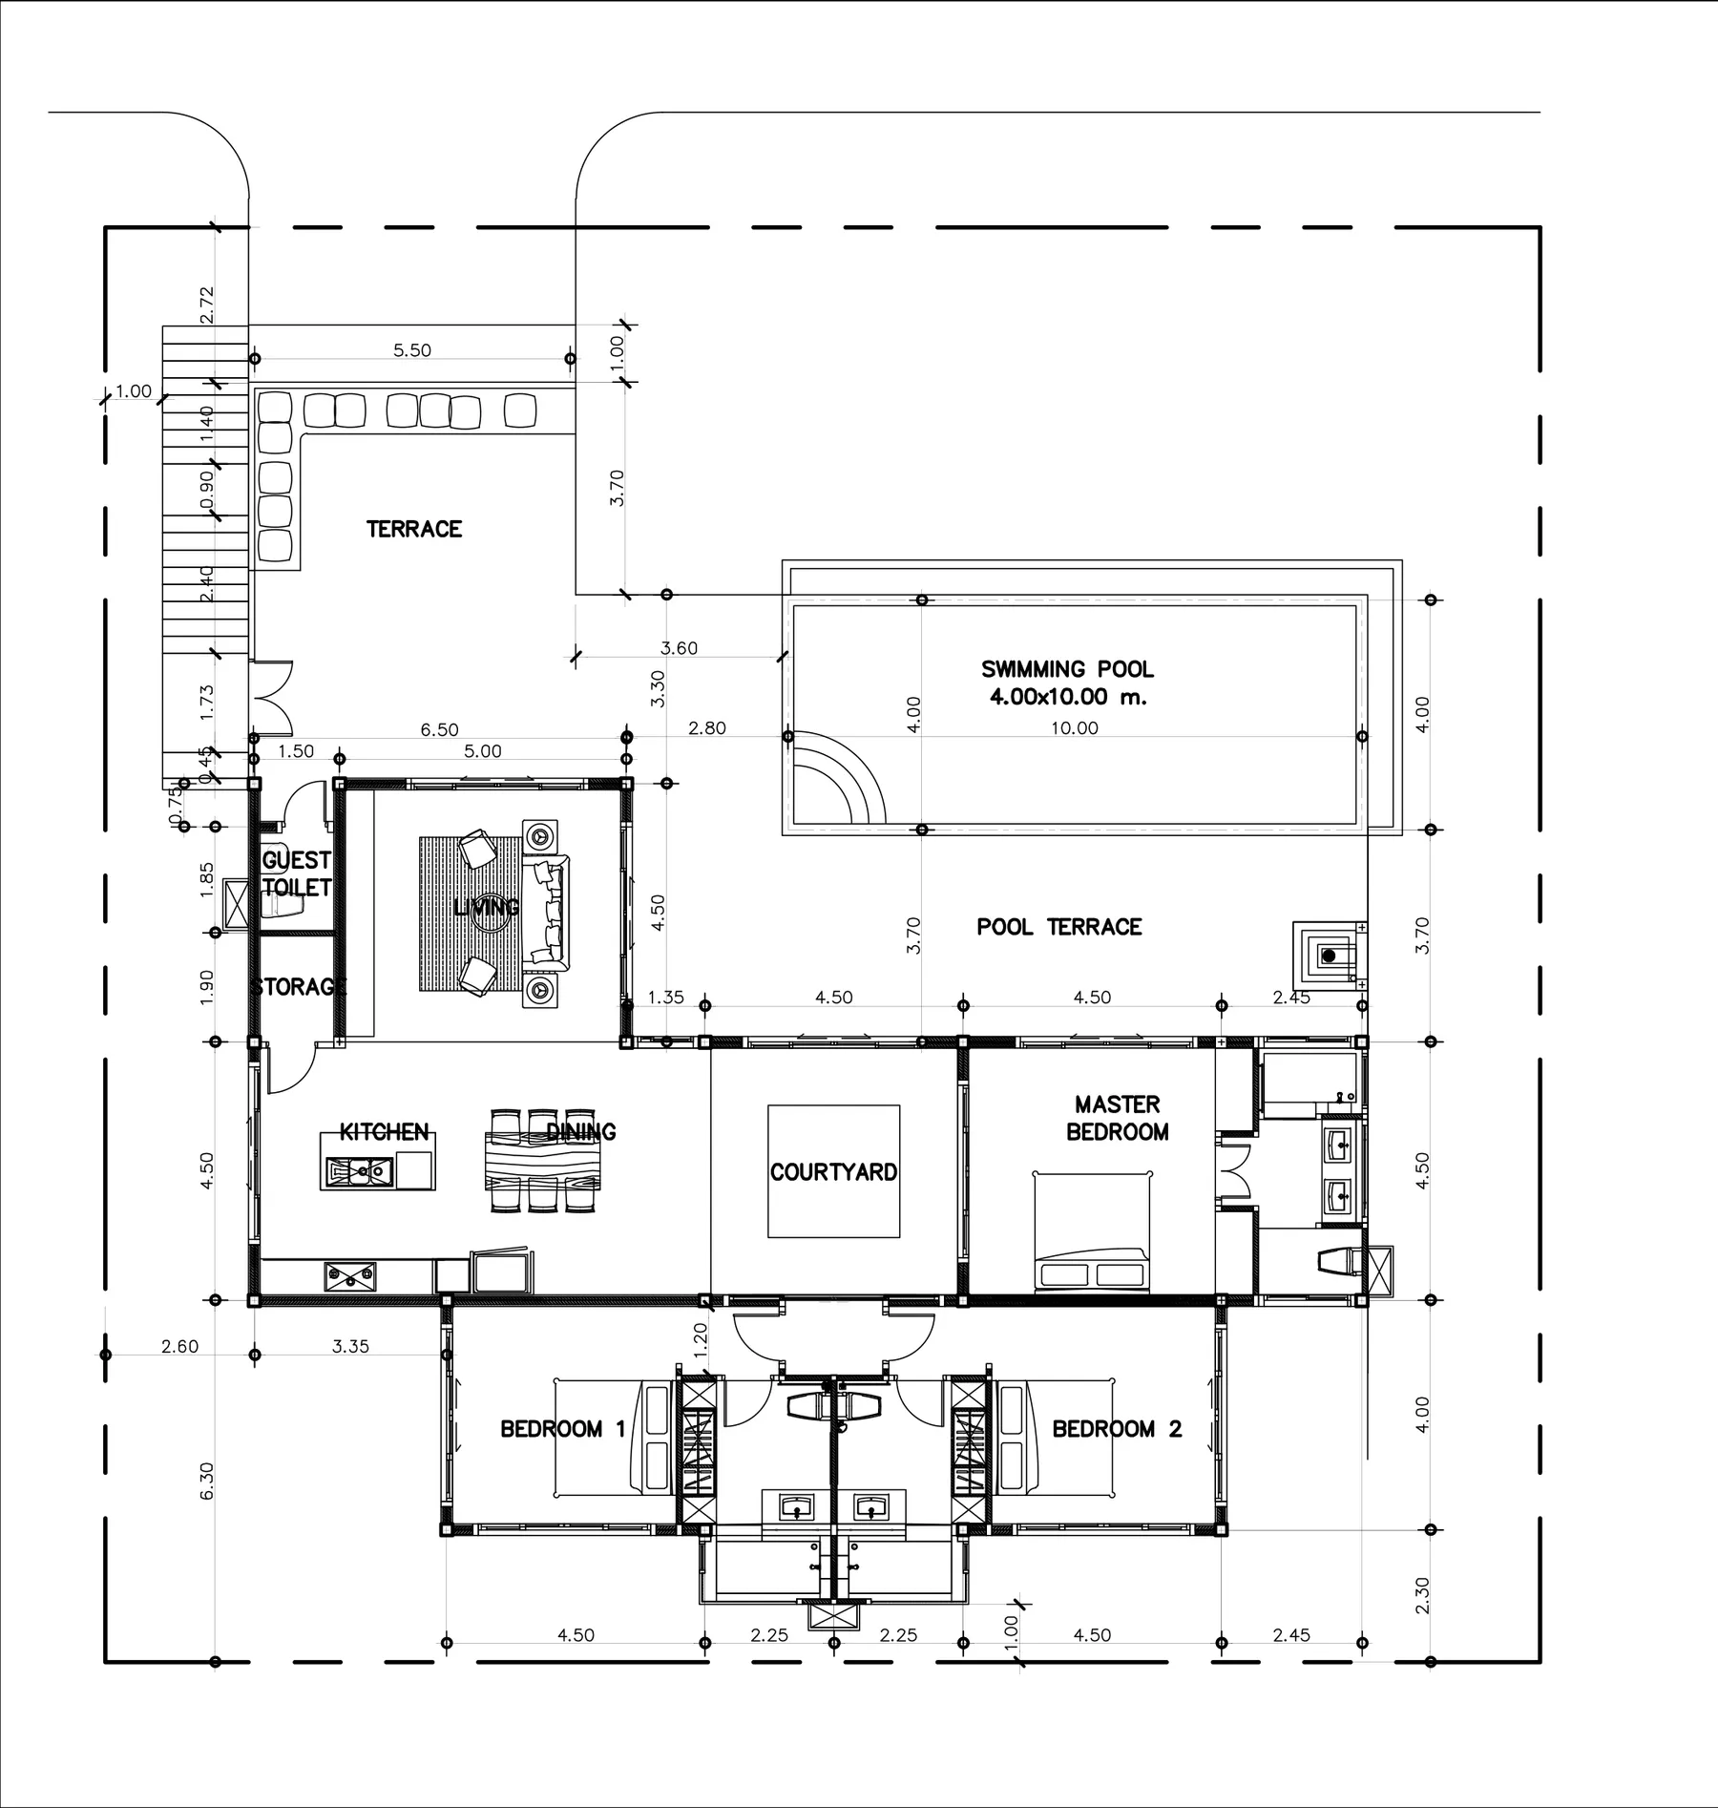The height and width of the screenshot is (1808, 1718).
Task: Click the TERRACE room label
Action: [413, 529]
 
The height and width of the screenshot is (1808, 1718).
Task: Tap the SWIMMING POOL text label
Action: [1067, 669]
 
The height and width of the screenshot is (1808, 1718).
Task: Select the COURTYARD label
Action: [833, 1172]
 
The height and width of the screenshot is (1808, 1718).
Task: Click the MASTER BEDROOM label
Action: [1117, 1118]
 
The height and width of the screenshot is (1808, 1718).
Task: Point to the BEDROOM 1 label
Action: [563, 1429]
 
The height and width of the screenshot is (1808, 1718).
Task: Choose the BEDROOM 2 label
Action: [1117, 1429]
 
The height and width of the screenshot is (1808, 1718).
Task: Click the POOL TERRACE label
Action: [1058, 927]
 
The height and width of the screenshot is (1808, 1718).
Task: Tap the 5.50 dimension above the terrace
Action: [412, 350]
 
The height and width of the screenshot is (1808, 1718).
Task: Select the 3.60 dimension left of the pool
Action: [679, 648]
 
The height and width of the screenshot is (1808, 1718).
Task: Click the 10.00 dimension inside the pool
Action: [1075, 728]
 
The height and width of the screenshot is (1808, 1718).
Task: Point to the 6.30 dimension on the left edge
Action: [207, 1481]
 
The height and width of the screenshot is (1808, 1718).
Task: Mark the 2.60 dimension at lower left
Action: [179, 1347]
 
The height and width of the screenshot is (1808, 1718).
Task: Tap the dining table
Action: [543, 1160]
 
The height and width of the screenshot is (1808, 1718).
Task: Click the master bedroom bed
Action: [1092, 1231]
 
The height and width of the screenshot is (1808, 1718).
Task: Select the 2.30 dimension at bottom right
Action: [1422, 1595]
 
